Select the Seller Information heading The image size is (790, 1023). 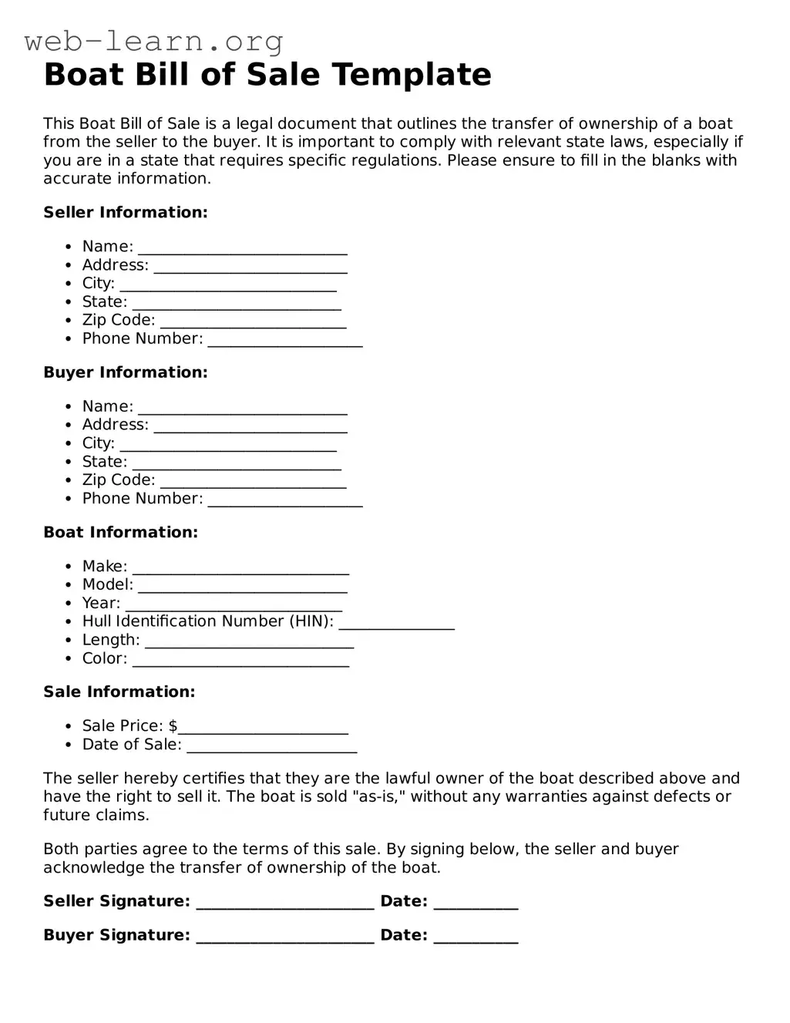[126, 212]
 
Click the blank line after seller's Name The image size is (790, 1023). [242, 248]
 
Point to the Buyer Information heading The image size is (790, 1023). [126, 372]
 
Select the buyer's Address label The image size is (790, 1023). [116, 425]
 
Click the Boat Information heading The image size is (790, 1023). [120, 532]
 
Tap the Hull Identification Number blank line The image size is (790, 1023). [396, 624]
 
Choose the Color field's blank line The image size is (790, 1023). [240, 661]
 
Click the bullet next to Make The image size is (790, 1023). [68, 567]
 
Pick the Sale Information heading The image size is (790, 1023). [119, 692]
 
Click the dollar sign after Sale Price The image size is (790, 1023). [173, 726]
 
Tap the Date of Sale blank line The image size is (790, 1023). [271, 746]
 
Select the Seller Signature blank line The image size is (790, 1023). [285, 904]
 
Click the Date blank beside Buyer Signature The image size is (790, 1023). [476, 937]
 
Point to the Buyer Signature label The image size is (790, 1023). [116, 935]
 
